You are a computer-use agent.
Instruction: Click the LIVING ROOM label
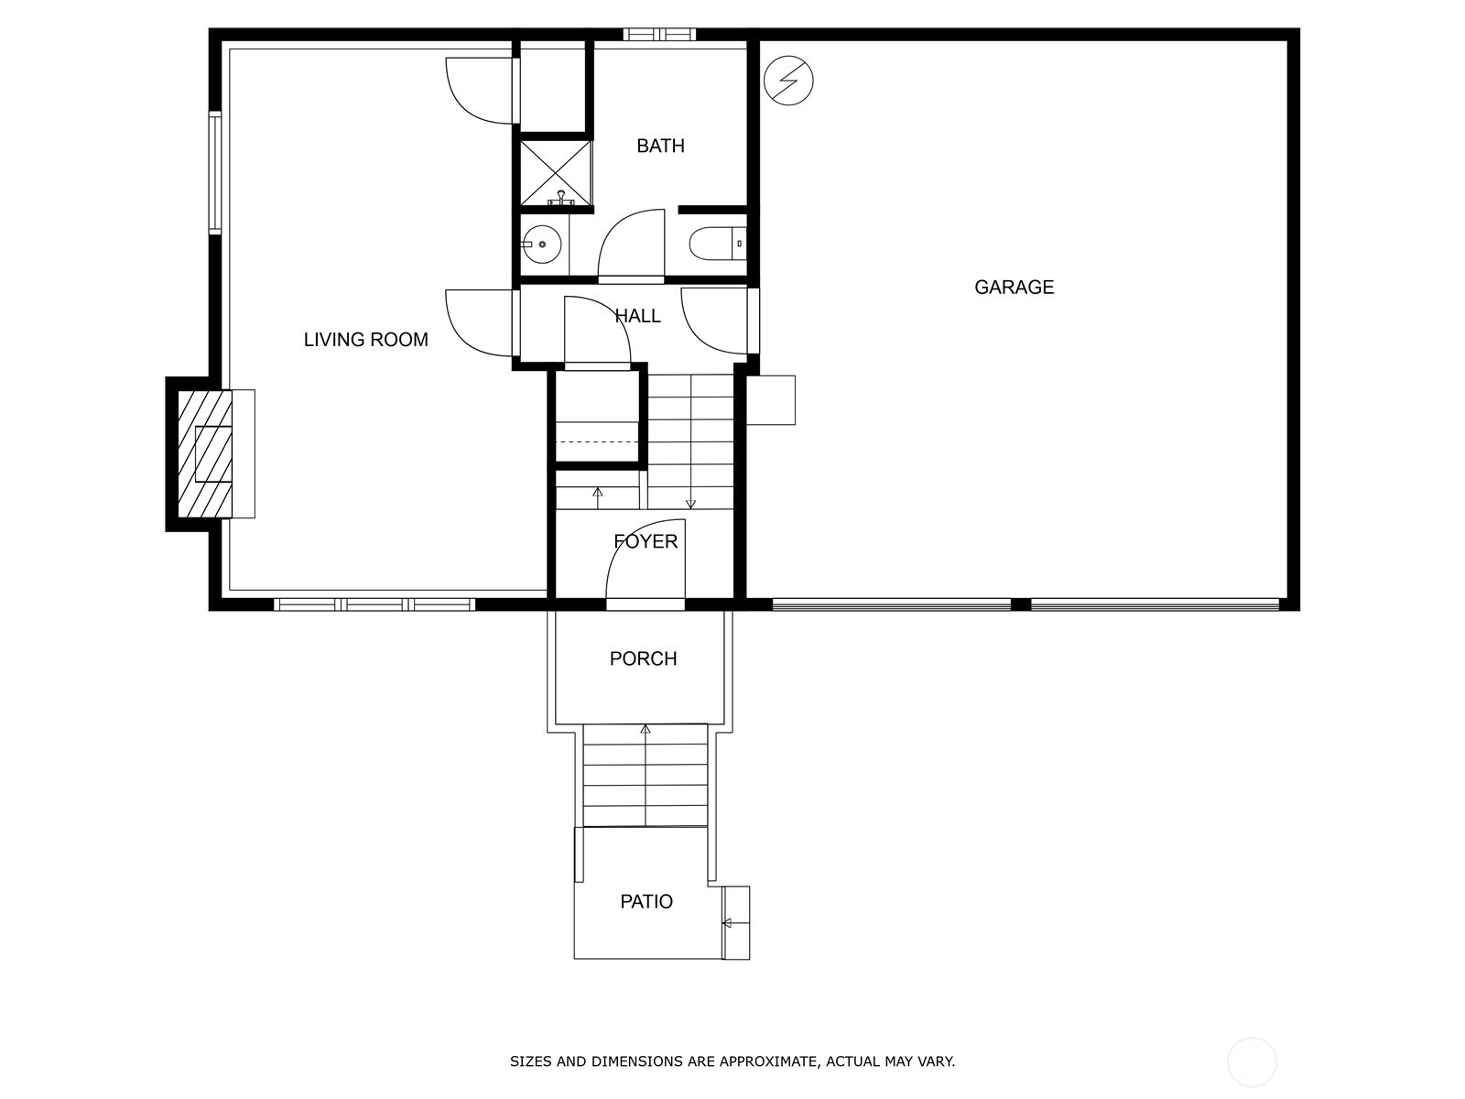365,340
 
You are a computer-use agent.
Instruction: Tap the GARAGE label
1014,287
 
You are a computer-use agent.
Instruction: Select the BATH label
660,146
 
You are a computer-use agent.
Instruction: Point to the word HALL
638,316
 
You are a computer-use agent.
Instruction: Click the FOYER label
646,541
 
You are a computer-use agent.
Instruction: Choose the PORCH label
643,658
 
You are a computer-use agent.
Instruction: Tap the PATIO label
646,901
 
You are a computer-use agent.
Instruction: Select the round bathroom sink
541,245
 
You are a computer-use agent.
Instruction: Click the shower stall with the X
555,173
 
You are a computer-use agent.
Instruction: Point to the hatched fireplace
205,453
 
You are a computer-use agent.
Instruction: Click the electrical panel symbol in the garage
788,80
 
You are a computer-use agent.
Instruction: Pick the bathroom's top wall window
659,34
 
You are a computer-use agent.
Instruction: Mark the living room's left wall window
215,173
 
